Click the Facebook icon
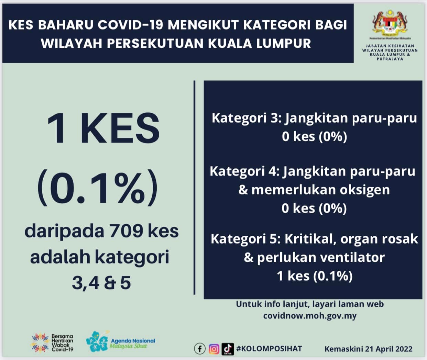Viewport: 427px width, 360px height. pyautogui.click(x=200, y=349)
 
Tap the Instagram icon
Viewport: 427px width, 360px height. pyautogui.click(x=214, y=349)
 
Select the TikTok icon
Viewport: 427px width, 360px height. pyautogui.click(x=228, y=349)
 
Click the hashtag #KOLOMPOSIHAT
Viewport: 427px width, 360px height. pyautogui.click(x=269, y=349)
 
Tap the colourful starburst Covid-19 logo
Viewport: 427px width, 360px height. pyautogui.click(x=40, y=342)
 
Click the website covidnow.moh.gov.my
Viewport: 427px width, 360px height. pyautogui.click(x=310, y=316)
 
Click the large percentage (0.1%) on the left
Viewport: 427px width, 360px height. pyautogui.click(x=98, y=187)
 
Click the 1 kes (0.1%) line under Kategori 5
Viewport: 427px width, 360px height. pyautogui.click(x=315, y=276)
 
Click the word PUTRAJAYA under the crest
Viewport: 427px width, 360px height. pyautogui.click(x=390, y=59)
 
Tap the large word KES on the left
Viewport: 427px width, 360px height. pyautogui.click(x=120, y=128)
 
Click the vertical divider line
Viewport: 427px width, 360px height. pyautogui.click(x=194, y=188)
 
